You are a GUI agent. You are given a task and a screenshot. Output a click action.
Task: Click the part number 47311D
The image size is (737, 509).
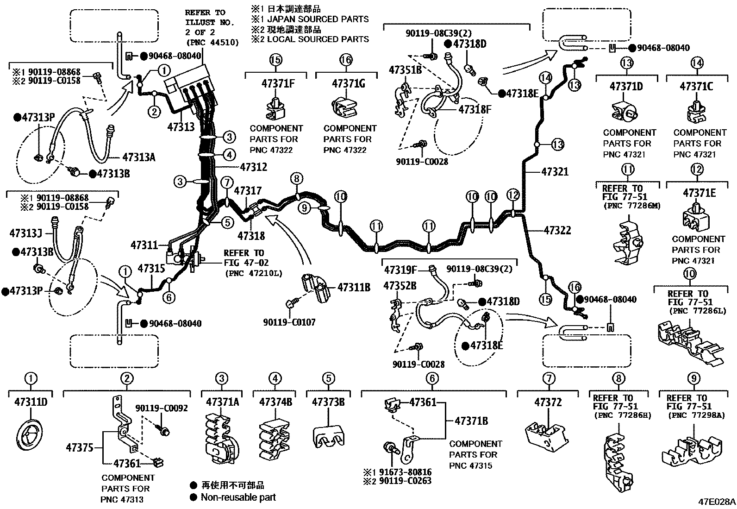click(31, 402)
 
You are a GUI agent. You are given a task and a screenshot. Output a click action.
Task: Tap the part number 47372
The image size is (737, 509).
click(548, 402)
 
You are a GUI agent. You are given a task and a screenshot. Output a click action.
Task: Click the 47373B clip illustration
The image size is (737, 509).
click(328, 436)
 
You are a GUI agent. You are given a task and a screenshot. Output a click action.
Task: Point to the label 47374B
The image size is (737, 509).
click(275, 402)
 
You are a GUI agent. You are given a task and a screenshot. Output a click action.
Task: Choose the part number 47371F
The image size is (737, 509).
click(278, 83)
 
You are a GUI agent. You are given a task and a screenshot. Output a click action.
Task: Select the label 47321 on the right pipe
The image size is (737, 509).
click(555, 172)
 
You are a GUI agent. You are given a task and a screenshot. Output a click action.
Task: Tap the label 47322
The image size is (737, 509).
click(557, 230)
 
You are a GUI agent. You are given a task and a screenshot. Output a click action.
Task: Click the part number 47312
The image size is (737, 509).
click(254, 167)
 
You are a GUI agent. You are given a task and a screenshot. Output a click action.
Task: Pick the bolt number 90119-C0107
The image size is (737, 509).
click(289, 322)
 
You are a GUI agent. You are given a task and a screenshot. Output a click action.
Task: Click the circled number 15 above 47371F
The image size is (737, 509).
click(275, 60)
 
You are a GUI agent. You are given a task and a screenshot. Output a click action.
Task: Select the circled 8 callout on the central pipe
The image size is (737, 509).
click(297, 178)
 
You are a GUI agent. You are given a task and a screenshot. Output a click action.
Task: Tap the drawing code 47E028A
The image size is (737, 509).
click(717, 502)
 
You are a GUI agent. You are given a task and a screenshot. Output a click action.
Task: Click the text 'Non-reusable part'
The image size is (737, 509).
click(238, 497)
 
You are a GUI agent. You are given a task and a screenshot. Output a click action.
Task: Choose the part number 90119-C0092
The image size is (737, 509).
click(162, 408)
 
